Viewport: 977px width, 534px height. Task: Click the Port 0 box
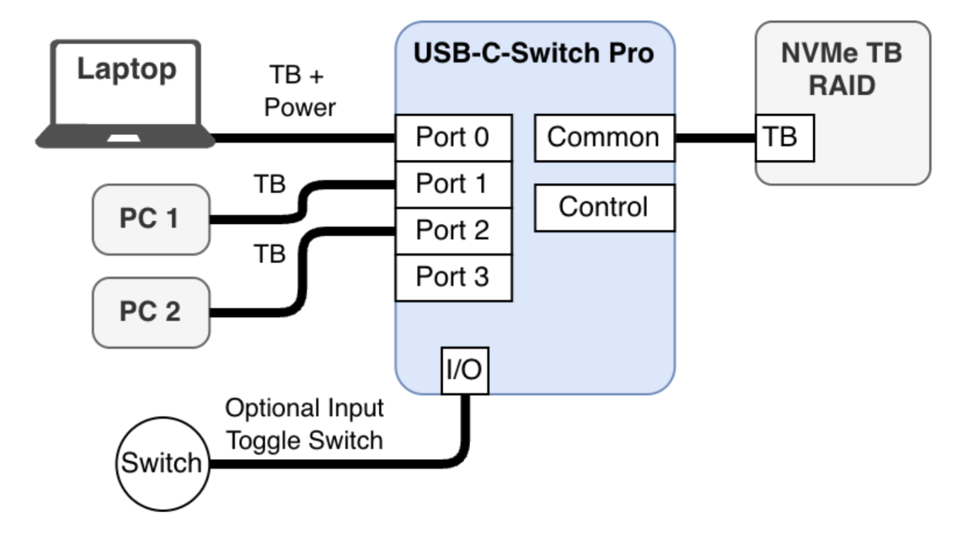click(453, 138)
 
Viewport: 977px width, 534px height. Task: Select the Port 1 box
click(453, 185)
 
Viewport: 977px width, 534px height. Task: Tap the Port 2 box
click(453, 231)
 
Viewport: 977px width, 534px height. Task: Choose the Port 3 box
click(453, 277)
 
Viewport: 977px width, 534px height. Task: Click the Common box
click(604, 138)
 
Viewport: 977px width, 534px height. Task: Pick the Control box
click(604, 207)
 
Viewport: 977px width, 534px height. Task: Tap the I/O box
click(464, 370)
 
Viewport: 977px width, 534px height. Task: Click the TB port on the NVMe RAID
click(784, 138)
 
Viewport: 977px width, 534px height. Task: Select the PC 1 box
click(151, 219)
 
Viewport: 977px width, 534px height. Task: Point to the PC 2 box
click(151, 312)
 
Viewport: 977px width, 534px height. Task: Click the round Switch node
click(162, 464)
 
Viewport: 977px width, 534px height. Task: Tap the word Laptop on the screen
click(127, 69)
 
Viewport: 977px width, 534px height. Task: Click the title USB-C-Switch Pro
click(534, 53)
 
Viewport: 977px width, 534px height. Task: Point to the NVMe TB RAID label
click(842, 69)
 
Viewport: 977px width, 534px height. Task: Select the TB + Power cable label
click(299, 91)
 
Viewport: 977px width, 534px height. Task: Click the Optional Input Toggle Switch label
click(305, 424)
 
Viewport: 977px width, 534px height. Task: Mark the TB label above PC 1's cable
click(270, 185)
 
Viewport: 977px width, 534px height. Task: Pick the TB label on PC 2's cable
click(270, 254)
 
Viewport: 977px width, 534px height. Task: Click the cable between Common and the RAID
click(715, 138)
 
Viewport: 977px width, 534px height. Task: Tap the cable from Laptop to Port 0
click(305, 138)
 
